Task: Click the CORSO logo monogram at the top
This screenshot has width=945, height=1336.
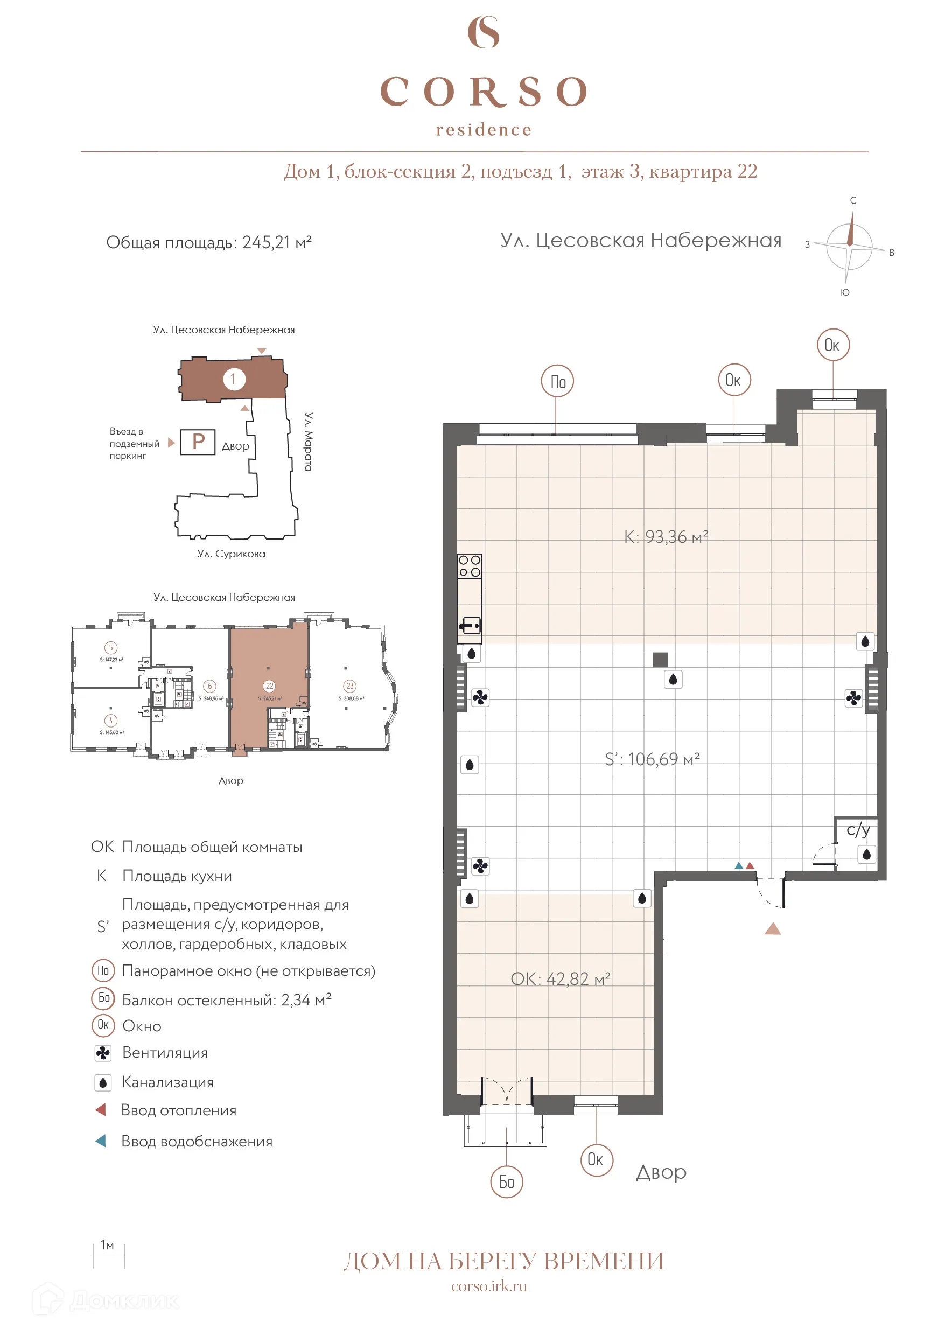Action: click(x=484, y=33)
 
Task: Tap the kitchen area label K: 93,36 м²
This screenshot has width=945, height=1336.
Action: click(x=666, y=536)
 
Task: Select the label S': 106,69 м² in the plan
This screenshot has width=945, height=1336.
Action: click(x=652, y=759)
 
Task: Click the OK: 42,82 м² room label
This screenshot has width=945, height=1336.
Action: click(x=561, y=979)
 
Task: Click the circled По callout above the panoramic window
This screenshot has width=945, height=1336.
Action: click(x=557, y=382)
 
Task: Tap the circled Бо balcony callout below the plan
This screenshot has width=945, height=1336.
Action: click(x=507, y=1181)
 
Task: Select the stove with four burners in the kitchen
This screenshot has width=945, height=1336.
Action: click(x=470, y=565)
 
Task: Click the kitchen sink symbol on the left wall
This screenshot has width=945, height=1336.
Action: click(x=470, y=626)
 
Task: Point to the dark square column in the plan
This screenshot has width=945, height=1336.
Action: click(x=660, y=659)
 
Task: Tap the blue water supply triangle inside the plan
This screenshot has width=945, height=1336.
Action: click(x=739, y=866)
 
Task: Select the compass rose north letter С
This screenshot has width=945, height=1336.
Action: click(x=853, y=200)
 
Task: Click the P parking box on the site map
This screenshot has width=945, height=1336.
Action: click(x=198, y=442)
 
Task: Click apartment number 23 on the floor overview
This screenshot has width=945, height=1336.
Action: click(x=349, y=686)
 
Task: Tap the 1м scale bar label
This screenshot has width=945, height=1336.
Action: click(x=107, y=1244)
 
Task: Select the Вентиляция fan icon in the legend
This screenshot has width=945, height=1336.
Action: click(x=103, y=1053)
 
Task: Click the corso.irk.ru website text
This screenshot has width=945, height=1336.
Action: click(x=489, y=1286)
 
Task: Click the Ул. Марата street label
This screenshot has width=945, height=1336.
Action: click(x=309, y=442)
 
